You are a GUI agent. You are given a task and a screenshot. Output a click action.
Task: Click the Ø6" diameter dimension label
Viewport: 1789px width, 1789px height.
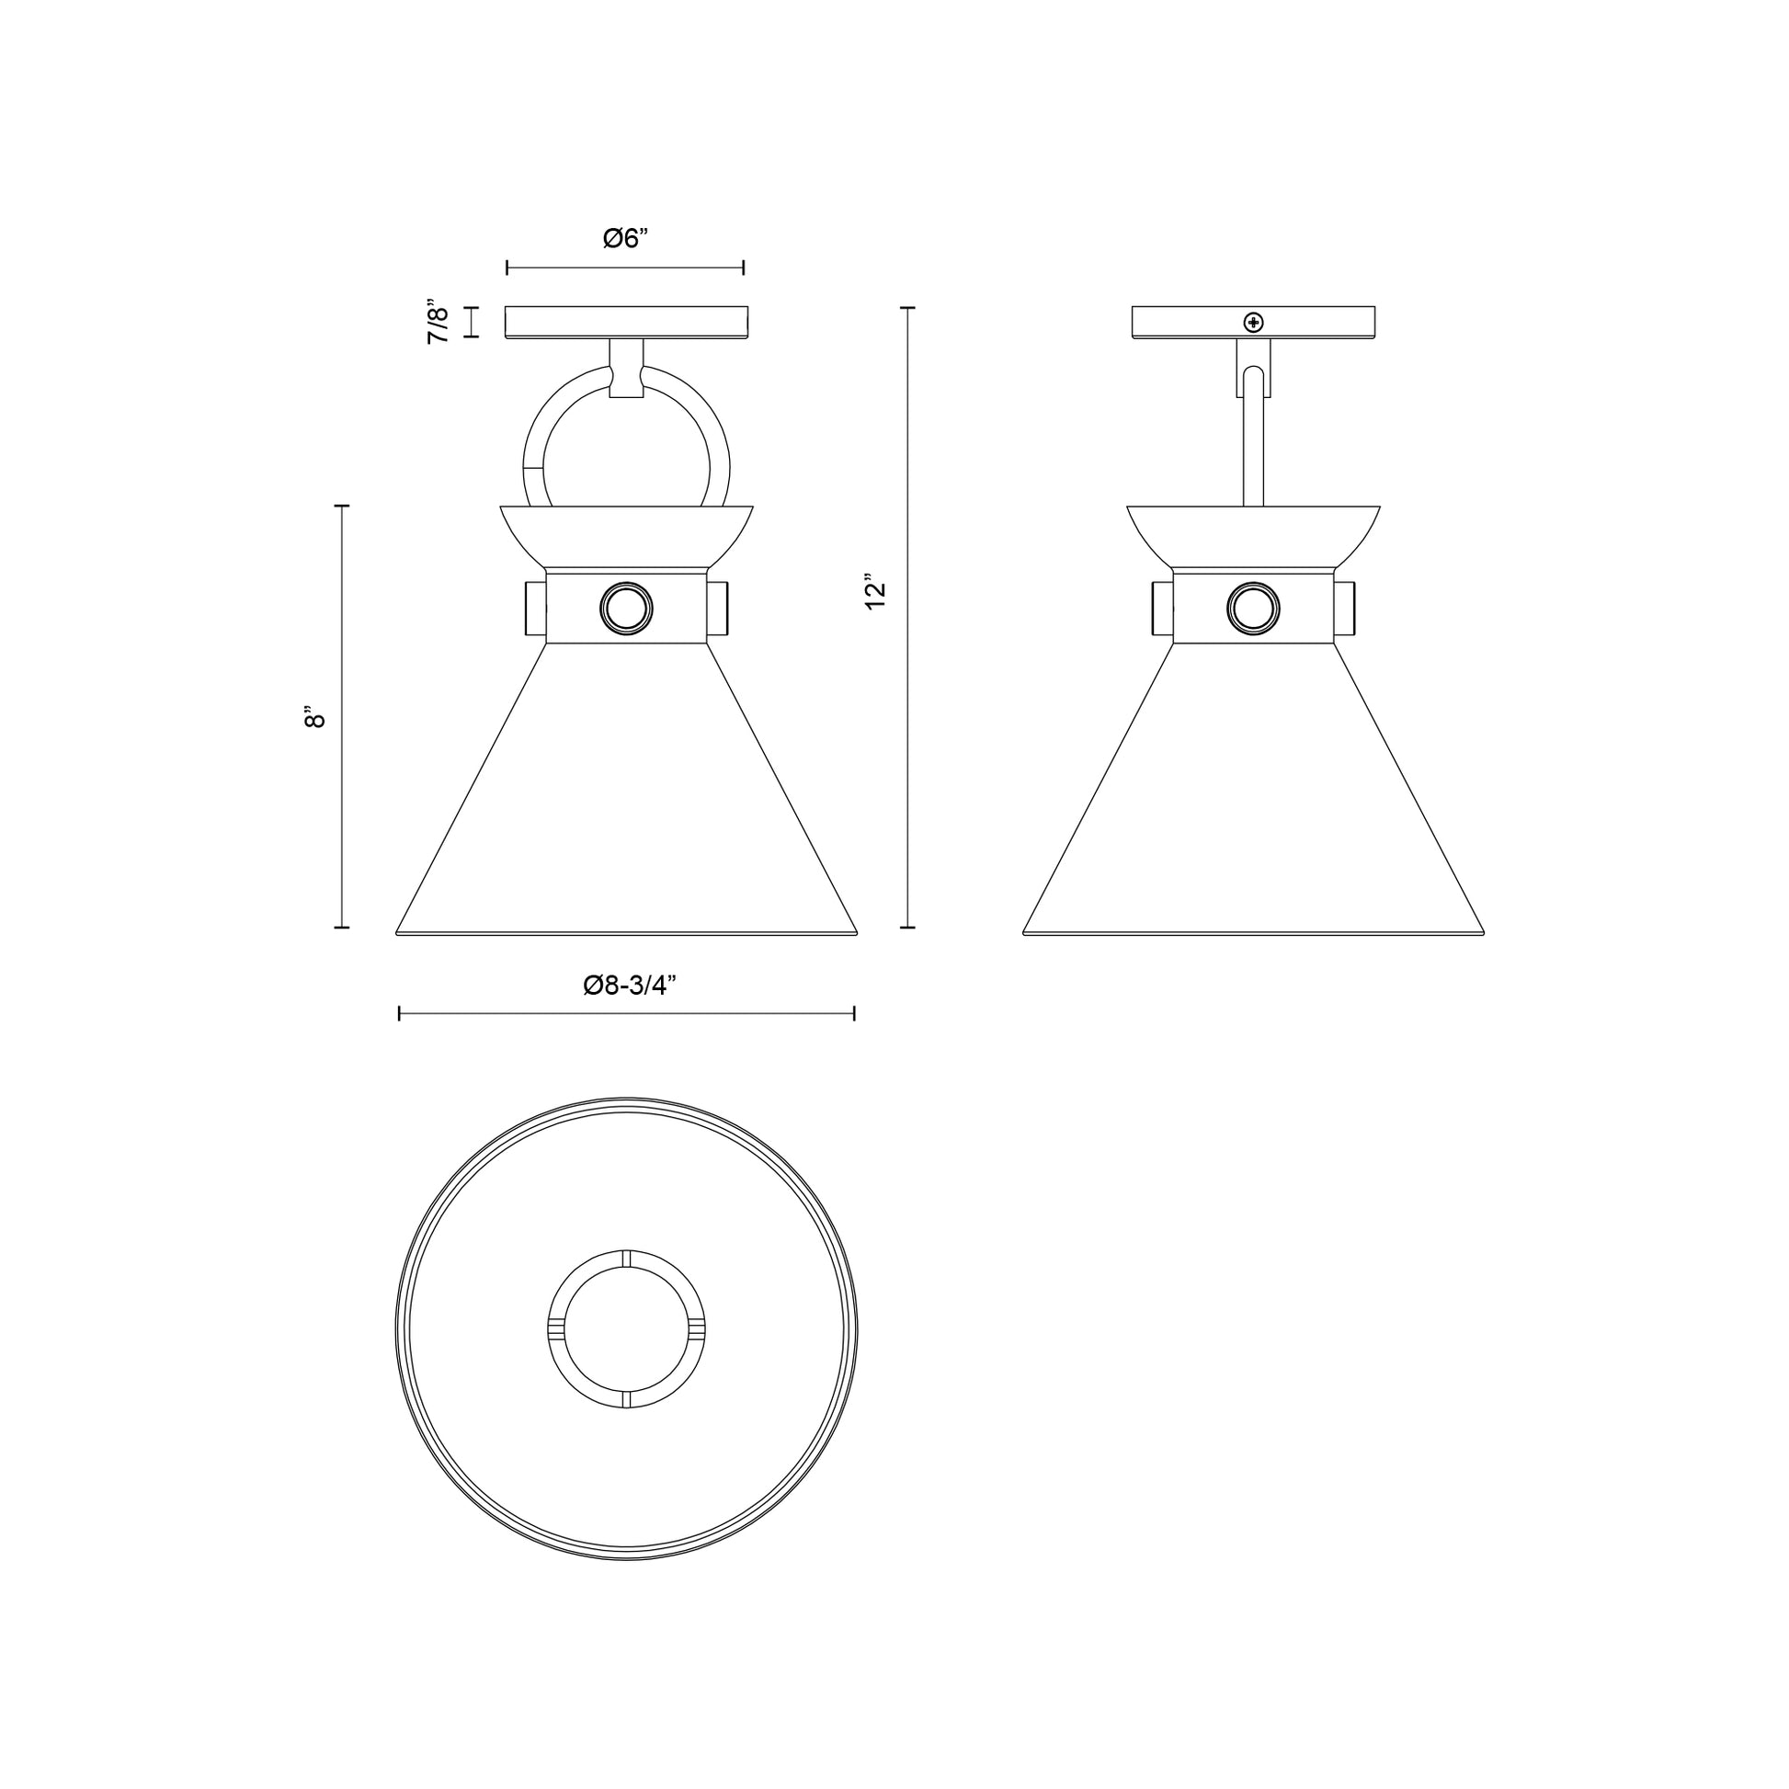[625, 239]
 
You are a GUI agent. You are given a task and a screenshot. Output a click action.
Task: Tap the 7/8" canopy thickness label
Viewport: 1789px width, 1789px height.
[439, 322]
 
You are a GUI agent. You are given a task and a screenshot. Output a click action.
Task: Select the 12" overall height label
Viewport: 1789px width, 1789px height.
[875, 593]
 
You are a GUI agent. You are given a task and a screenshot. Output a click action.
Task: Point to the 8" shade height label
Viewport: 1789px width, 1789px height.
[314, 717]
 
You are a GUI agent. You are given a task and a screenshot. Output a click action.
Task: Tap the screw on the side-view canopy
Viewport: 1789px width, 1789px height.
[1254, 323]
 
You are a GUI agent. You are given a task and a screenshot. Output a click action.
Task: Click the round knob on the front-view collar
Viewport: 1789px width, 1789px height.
[626, 609]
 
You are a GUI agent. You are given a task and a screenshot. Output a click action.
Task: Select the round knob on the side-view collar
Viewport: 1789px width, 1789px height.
[1253, 609]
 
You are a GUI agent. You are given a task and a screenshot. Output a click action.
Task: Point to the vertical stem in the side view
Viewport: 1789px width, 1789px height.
[1253, 444]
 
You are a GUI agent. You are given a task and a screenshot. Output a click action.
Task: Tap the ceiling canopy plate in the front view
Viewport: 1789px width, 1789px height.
[626, 322]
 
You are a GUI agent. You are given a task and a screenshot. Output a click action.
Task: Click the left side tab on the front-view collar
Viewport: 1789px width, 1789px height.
[535, 608]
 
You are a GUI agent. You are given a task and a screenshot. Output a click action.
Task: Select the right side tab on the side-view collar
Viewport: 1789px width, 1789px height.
[1344, 608]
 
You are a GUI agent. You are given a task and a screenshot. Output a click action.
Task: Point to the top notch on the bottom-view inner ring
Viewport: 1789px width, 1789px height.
[626, 1258]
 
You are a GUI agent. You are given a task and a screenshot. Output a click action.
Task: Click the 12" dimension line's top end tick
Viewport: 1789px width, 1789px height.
[907, 306]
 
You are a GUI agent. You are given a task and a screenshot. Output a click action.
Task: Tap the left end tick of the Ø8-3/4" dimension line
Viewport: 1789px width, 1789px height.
[399, 1014]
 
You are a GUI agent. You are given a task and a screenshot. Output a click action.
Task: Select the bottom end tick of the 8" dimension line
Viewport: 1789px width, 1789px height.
[342, 925]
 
